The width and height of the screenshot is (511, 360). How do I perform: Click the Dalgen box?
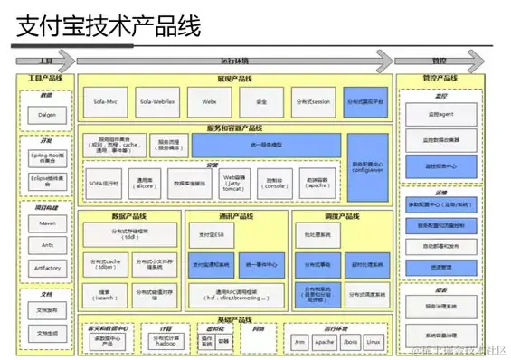coord(46,115)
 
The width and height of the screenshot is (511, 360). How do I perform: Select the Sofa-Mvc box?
coord(104,102)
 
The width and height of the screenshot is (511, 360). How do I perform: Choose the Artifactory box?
coord(46,268)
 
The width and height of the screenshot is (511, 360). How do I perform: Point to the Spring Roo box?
coord(46,157)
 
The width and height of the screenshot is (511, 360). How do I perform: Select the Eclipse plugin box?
coord(46,181)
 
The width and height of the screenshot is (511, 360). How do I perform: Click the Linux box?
coord(374,342)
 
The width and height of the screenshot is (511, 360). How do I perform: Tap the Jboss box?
coord(348,342)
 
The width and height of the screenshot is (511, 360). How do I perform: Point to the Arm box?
coord(299,342)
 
